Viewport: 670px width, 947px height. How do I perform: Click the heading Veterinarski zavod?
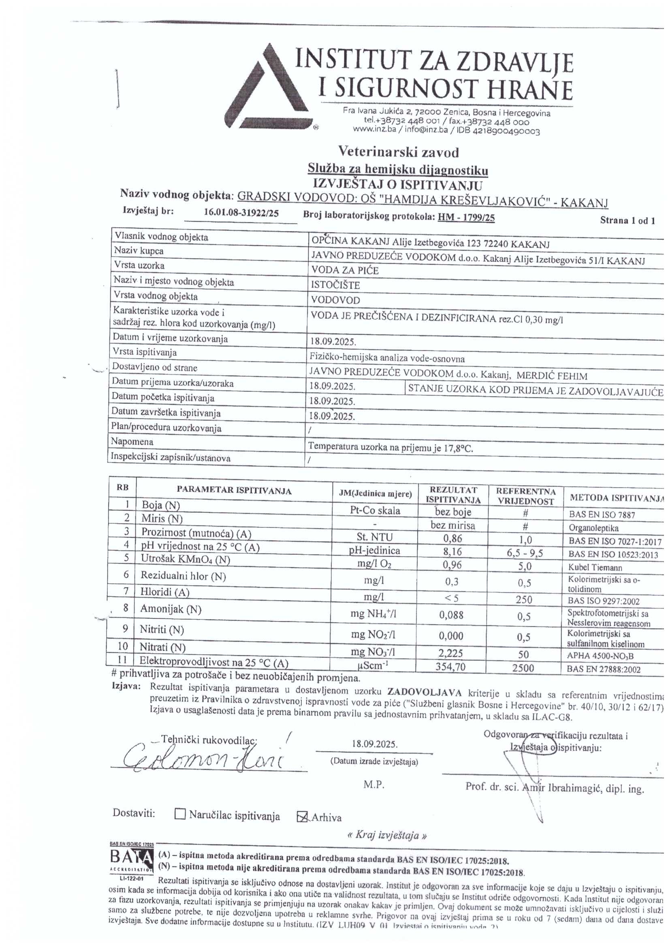(398, 152)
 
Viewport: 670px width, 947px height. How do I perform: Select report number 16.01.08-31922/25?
(241, 213)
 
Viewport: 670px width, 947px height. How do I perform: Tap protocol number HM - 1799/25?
(466, 218)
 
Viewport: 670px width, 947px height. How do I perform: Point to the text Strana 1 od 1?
(627, 220)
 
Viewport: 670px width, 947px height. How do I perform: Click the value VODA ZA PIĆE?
(345, 271)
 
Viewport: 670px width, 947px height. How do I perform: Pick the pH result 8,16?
(452, 552)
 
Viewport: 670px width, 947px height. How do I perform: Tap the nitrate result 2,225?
(451, 653)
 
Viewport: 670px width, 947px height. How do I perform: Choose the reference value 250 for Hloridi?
(523, 599)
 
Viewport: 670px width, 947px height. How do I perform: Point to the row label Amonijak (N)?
(171, 609)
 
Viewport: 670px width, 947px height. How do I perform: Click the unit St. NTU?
(375, 537)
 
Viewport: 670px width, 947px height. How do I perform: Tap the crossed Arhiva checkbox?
(303, 816)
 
